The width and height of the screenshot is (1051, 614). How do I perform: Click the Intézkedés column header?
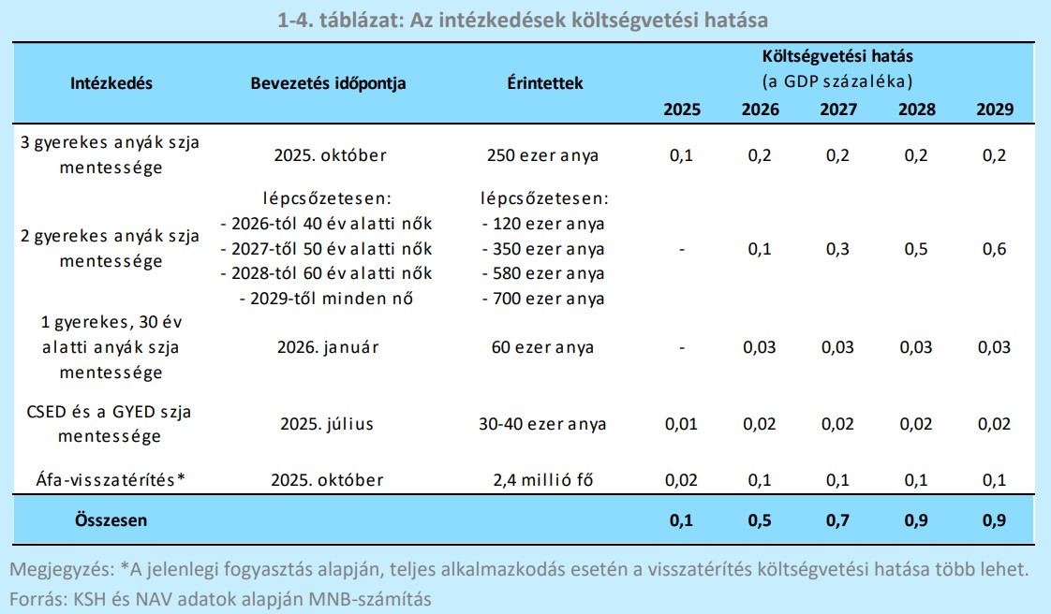click(x=111, y=82)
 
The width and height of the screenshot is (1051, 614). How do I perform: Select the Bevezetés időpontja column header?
click(x=329, y=82)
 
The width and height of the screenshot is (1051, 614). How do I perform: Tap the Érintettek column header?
click(x=544, y=82)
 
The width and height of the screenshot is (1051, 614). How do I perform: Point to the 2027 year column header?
click(x=837, y=110)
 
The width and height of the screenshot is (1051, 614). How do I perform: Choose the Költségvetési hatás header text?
click(x=837, y=56)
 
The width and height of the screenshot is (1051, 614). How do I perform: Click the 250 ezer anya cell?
click(x=543, y=155)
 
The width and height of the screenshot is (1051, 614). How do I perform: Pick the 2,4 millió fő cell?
click(x=544, y=480)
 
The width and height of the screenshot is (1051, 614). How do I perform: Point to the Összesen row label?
click(x=111, y=519)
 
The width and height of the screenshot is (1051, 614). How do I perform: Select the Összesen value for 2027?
click(x=837, y=519)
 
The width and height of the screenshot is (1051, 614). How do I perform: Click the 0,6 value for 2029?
click(x=994, y=250)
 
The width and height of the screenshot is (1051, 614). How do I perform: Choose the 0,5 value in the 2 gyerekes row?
click(x=916, y=250)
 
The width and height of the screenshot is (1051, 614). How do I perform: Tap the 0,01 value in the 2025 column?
click(x=682, y=424)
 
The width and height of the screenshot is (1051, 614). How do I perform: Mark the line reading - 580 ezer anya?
click(x=543, y=274)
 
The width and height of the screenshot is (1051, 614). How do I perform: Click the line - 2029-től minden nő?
click(x=326, y=300)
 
